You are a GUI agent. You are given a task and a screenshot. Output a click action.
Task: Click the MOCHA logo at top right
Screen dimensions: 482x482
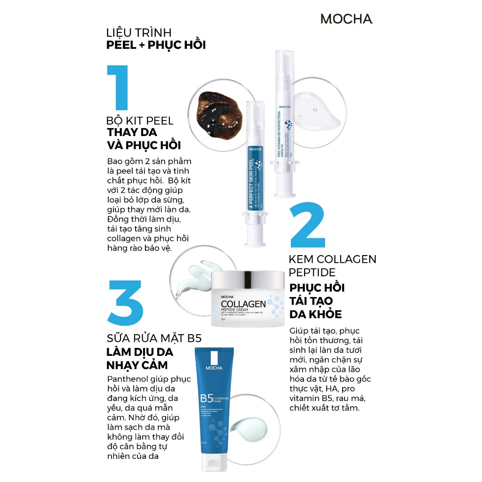tap(346, 19)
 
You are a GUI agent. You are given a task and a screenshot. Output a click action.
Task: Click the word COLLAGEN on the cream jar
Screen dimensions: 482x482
tap(243, 304)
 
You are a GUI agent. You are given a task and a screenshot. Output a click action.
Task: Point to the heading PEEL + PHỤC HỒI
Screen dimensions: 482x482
tap(156, 46)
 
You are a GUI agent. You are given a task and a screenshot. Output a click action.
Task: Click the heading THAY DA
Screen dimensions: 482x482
tap(132, 132)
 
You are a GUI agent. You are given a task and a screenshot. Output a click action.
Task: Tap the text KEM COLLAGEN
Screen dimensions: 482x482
tap(332, 259)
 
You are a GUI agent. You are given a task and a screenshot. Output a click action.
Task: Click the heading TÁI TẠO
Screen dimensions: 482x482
tap(311, 301)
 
